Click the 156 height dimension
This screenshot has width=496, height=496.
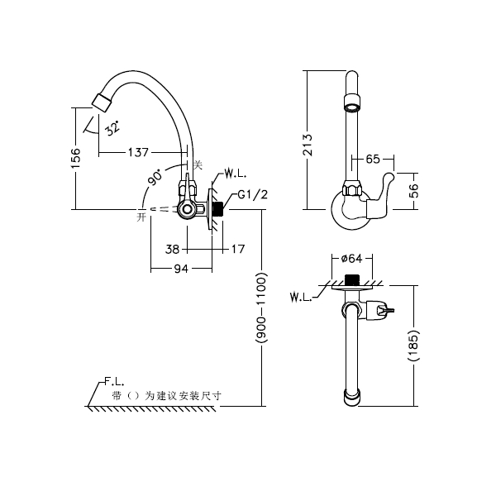[x=75, y=157]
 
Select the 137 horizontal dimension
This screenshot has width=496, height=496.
[x=138, y=152]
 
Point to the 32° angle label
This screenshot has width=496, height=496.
[x=112, y=127]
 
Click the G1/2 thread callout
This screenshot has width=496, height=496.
[x=251, y=195]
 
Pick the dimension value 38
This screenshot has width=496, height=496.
[x=173, y=248]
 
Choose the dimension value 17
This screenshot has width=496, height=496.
[x=238, y=248]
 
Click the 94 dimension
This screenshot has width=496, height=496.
[x=180, y=269]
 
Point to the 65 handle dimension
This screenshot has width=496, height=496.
[x=372, y=158]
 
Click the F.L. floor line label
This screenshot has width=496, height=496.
[x=114, y=383]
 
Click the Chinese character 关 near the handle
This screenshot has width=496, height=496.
[x=197, y=165]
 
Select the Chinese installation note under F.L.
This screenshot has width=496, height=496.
[x=165, y=396]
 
